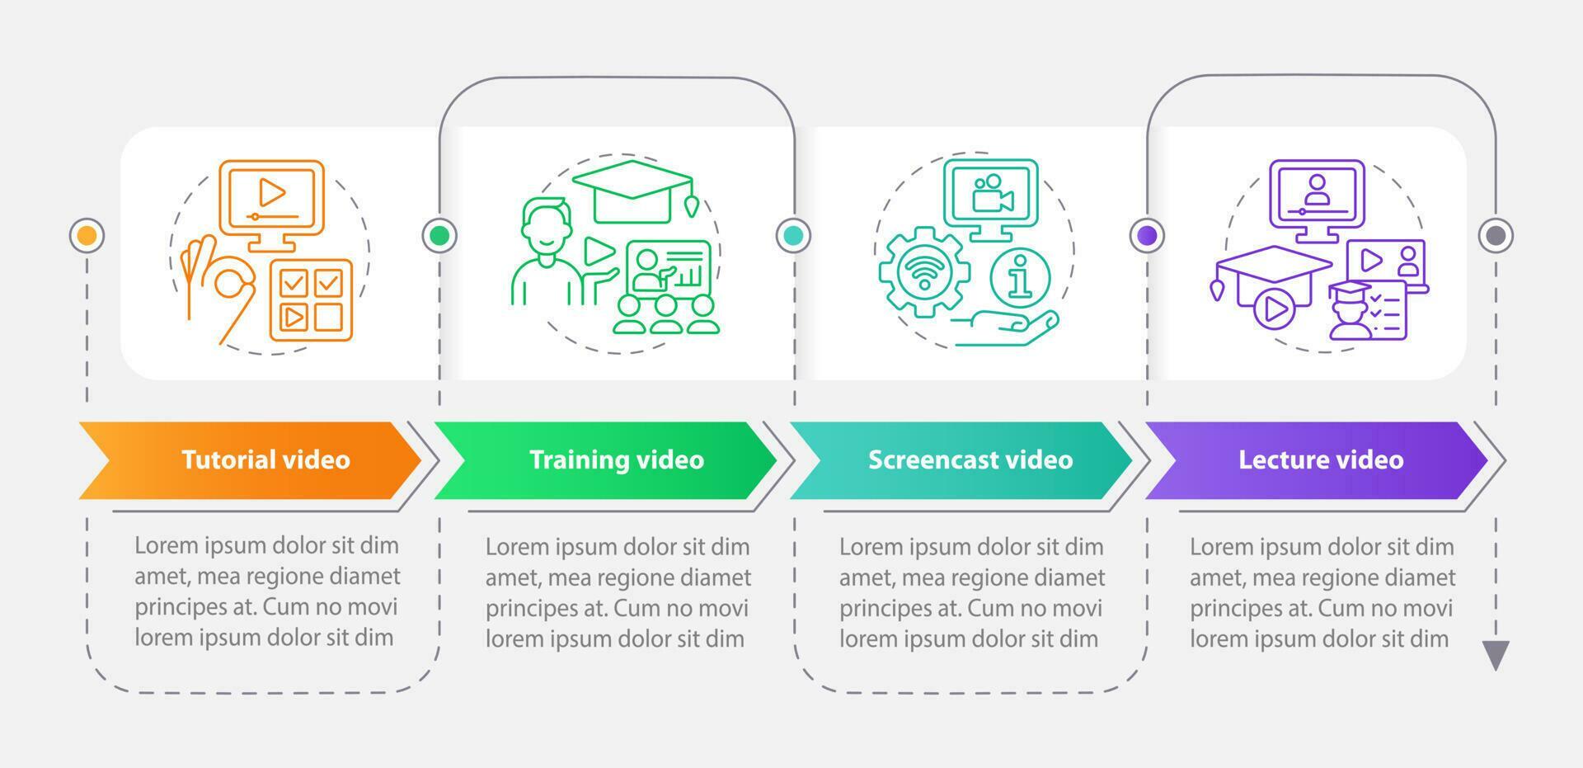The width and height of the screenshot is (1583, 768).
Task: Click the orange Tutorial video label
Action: (265, 459)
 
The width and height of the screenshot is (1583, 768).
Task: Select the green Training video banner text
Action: (616, 459)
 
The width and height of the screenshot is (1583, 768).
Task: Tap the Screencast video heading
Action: (970, 459)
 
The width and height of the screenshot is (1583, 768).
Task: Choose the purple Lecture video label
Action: (1320, 459)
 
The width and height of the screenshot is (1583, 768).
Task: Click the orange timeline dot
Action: (87, 236)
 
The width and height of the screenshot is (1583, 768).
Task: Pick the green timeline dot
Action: (439, 236)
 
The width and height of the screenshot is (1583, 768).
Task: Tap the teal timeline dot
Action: (793, 236)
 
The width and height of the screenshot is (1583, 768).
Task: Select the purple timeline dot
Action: (1147, 236)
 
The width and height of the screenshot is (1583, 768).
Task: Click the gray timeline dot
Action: (1496, 236)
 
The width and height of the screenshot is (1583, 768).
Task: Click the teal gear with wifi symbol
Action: (923, 272)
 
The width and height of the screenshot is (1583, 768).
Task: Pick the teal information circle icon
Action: (1020, 276)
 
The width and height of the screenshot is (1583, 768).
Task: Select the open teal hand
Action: (1010, 327)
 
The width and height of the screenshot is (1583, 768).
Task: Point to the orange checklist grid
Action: (311, 300)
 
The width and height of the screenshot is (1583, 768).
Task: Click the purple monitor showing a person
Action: (1317, 198)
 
